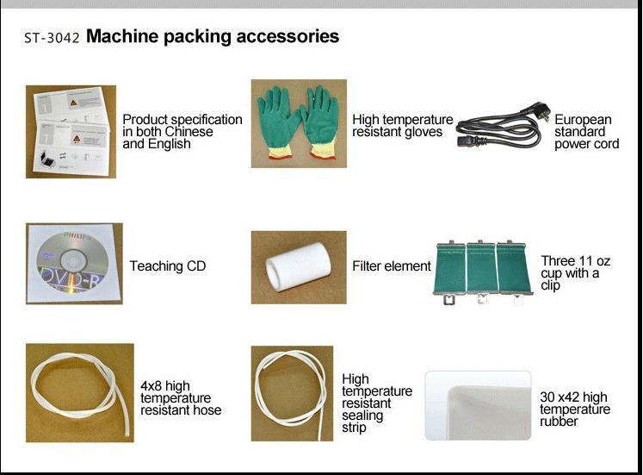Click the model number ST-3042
(x=52, y=38)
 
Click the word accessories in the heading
(x=287, y=36)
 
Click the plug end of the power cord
(x=537, y=111)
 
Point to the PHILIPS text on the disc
(x=77, y=236)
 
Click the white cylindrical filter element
(x=298, y=267)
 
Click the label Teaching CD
(x=168, y=266)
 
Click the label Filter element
(x=392, y=266)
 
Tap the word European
(x=583, y=120)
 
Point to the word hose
(x=207, y=409)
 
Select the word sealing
(x=362, y=416)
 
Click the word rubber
(x=559, y=422)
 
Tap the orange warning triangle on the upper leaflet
(x=73, y=103)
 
